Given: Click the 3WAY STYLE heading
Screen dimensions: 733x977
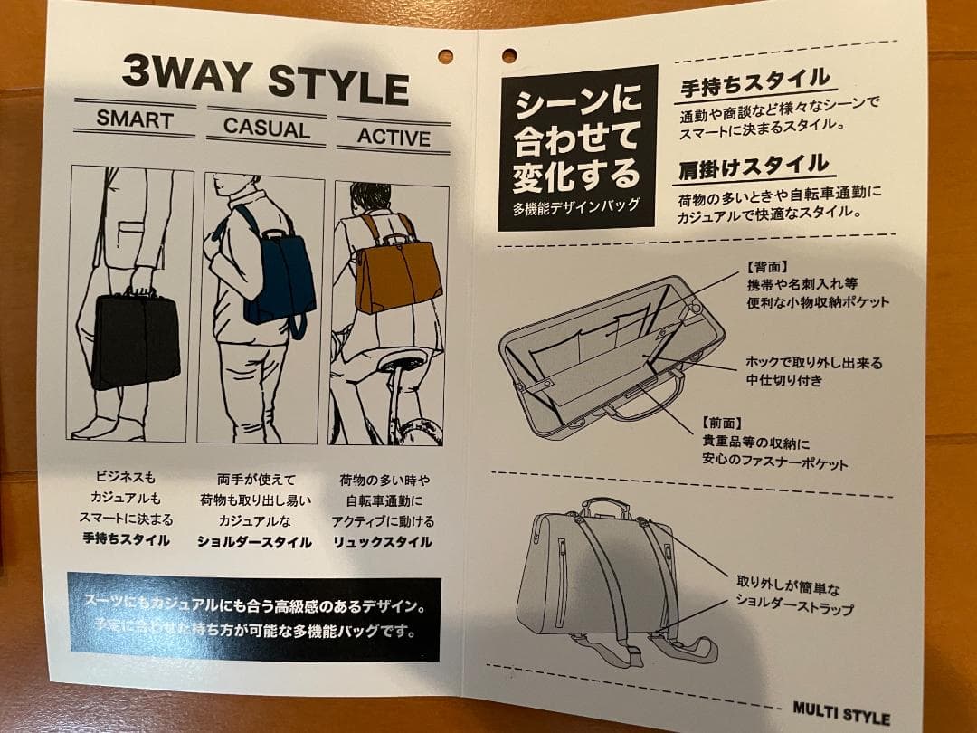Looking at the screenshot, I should (x=265, y=81).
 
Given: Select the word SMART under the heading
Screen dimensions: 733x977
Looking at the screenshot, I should (x=135, y=119).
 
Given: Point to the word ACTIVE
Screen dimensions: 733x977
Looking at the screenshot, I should (x=393, y=138).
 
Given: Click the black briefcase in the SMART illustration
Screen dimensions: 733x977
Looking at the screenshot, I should (x=135, y=338).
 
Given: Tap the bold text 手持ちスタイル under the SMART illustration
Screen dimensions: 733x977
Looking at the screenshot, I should (x=126, y=540).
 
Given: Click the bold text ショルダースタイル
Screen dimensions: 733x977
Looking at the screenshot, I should (x=254, y=542).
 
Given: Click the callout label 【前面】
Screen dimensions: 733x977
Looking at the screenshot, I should (x=721, y=423).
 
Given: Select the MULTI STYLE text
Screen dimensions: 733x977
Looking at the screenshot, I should (x=840, y=713).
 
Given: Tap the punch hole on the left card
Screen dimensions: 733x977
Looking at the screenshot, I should (x=445, y=55).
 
